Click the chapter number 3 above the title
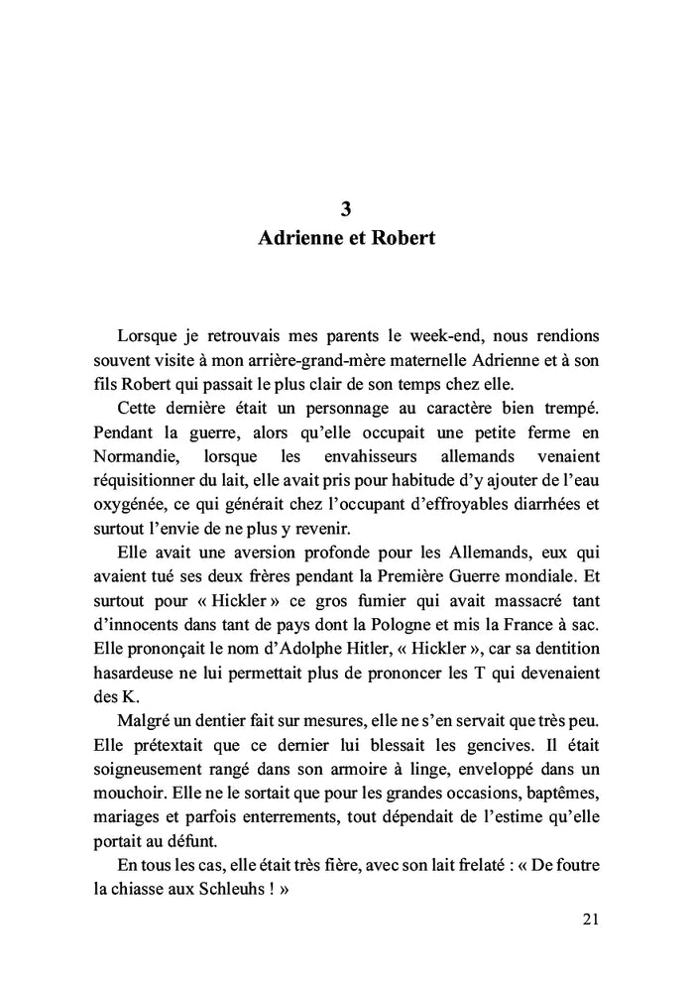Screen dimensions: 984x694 point(345,209)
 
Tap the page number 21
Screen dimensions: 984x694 point(590,919)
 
